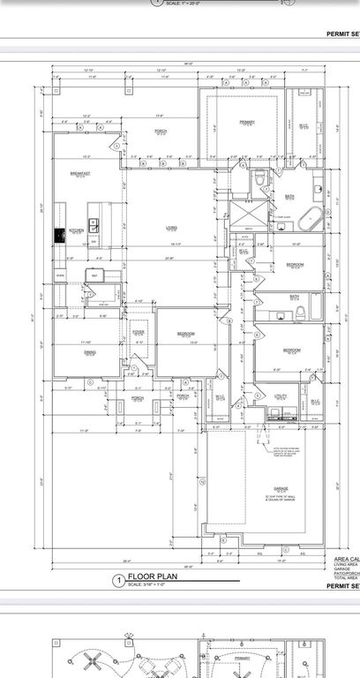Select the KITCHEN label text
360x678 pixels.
(76, 230)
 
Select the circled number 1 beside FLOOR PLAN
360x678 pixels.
(116, 581)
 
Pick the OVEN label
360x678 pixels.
(60, 275)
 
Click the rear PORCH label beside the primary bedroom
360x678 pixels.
(161, 131)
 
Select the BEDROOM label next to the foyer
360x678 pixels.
(185, 334)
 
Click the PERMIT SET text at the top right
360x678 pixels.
(343, 35)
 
